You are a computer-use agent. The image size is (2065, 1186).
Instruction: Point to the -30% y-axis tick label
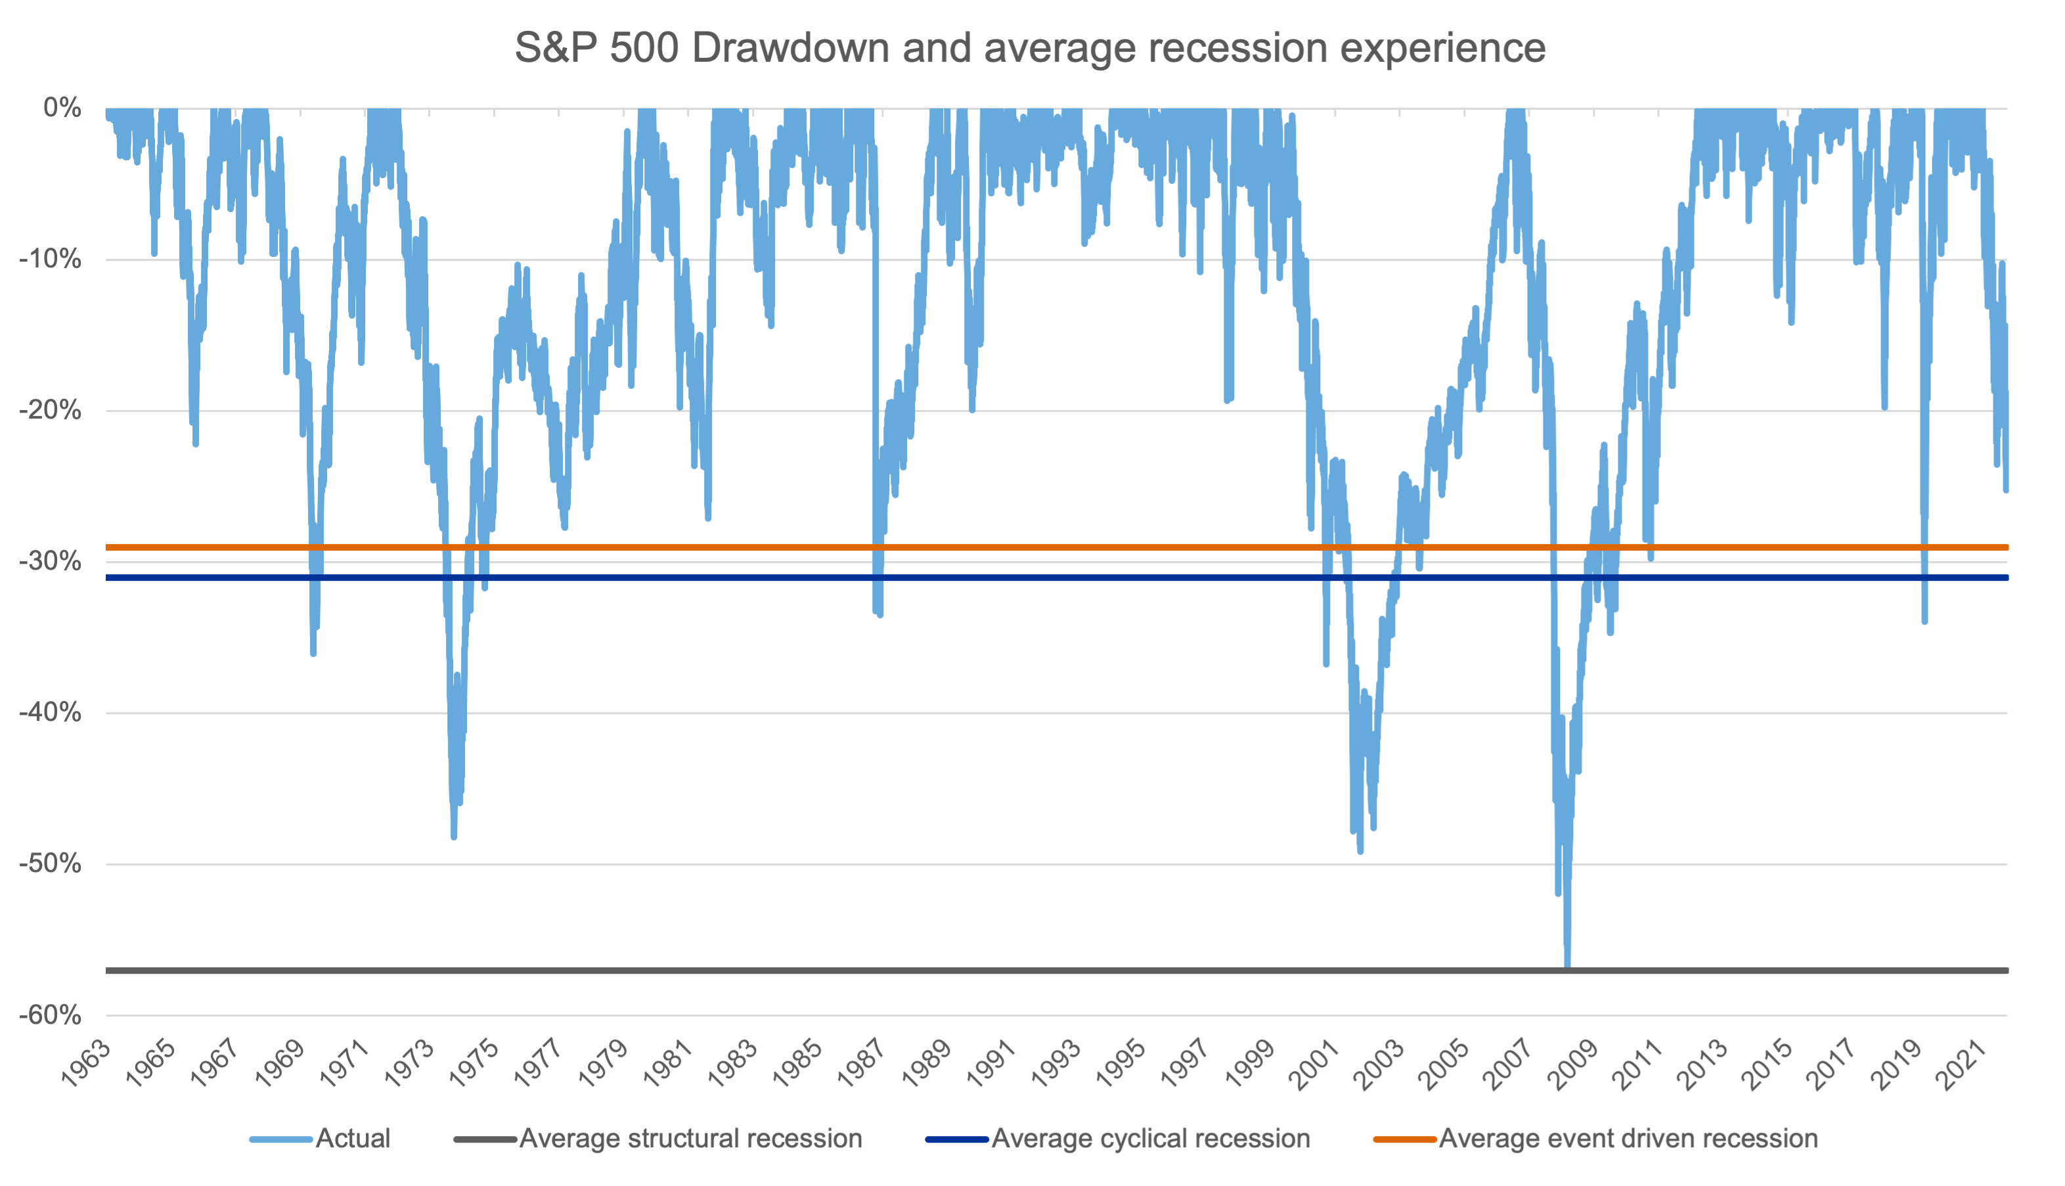[x=51, y=561]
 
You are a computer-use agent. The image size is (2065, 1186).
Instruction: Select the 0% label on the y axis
[x=62, y=108]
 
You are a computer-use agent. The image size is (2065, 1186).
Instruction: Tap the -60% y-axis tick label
[x=51, y=1015]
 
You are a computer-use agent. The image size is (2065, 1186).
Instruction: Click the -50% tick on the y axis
[x=51, y=863]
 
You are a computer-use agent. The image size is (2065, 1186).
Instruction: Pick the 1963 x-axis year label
[x=86, y=1062]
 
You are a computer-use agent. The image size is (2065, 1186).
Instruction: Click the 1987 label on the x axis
[x=862, y=1062]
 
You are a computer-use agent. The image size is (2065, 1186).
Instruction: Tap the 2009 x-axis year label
[x=1572, y=1062]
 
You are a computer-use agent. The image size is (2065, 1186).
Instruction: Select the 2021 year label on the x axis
[x=1959, y=1062]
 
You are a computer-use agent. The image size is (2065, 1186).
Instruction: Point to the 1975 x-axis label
[x=474, y=1062]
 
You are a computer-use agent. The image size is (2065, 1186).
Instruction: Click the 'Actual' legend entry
[x=353, y=1138]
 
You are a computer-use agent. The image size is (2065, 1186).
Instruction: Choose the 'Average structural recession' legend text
[x=690, y=1138]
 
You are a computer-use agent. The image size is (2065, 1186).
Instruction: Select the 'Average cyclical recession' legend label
[x=1151, y=1138]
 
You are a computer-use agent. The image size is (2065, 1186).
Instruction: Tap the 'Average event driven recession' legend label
[x=1628, y=1138]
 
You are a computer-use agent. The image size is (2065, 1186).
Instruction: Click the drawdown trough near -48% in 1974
[x=454, y=835]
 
